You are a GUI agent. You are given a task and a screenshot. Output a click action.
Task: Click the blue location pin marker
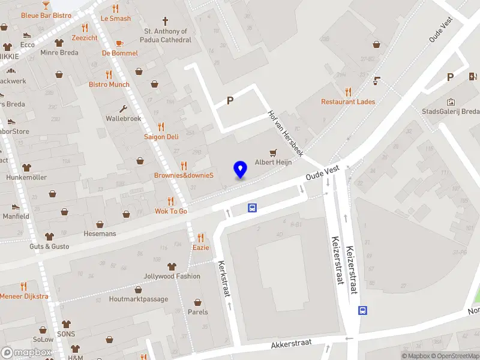[240, 170]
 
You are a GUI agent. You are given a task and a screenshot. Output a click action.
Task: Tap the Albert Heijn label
[273, 163]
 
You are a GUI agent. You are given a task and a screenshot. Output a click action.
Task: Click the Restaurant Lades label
[348, 101]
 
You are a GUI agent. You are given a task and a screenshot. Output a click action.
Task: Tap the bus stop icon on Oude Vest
[253, 208]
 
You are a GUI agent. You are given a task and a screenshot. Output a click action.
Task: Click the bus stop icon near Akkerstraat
[362, 310]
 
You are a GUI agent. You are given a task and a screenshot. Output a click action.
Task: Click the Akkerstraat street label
[291, 343]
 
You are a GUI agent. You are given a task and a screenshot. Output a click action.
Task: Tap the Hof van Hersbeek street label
[286, 133]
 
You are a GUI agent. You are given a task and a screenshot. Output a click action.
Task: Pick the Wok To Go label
[171, 211]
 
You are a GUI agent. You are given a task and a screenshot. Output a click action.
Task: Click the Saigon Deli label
[161, 137]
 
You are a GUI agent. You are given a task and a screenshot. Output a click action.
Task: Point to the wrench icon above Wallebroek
[123, 109]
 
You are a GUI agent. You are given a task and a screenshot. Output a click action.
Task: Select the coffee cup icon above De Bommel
[119, 43]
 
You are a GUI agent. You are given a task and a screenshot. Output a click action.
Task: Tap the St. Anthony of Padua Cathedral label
[166, 35]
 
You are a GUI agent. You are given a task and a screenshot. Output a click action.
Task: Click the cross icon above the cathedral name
[155, 20]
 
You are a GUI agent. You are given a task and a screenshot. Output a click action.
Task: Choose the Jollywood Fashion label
[172, 277]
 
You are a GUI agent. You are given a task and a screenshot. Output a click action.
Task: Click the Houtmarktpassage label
[139, 299]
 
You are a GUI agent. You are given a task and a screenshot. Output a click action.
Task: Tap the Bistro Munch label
[109, 85]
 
